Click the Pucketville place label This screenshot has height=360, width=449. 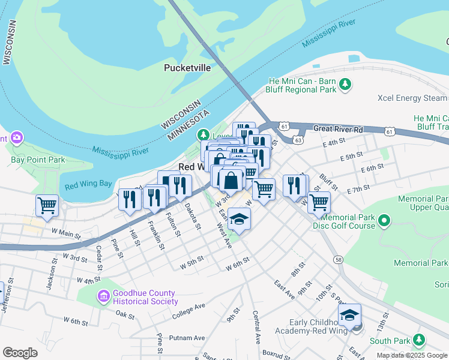tap(187, 68)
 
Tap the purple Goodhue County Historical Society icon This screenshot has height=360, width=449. tap(104, 296)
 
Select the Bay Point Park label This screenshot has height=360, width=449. tap(38, 160)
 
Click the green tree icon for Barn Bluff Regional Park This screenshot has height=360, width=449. tap(345, 84)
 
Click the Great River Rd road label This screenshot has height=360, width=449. tap(339, 128)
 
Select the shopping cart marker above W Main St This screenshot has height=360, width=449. tap(47, 205)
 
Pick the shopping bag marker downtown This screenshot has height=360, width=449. tap(231, 179)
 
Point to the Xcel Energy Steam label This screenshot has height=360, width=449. tap(412, 98)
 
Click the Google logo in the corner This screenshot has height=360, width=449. tap(20, 352)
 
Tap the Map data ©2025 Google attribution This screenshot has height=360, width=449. tap(412, 355)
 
